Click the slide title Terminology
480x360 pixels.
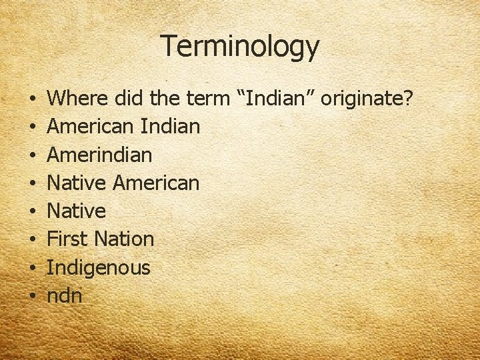240,47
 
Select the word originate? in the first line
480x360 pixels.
368,99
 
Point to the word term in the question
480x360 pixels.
207,99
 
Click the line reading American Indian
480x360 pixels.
124,127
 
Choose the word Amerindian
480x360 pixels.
100,155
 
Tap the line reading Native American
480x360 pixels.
124,183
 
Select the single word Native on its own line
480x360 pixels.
77,211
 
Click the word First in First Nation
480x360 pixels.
67,239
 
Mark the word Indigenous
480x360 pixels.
99,268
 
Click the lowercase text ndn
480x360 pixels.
65,296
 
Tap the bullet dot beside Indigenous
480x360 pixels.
33,269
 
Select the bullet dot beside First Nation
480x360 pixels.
33,240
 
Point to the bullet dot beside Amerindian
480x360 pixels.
33,155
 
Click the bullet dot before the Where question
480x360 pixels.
33,99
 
